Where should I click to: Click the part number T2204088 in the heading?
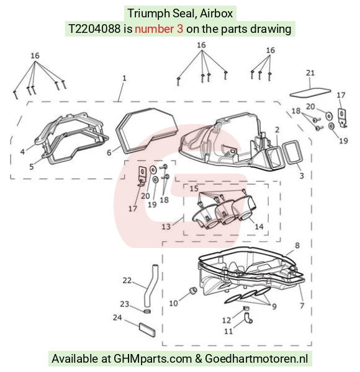94,29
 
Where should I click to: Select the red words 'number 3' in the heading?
159,29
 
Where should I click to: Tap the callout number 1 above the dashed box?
124,78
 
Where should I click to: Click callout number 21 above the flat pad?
310,73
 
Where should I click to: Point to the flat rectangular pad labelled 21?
310,92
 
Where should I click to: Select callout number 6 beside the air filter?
109,153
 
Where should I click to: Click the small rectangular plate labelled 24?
147,329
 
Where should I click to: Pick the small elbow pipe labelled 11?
248,318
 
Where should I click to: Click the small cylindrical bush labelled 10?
193,290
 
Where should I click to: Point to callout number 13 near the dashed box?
166,226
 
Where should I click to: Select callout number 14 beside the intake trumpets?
259,226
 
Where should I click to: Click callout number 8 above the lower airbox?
297,246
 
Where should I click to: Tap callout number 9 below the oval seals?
274,306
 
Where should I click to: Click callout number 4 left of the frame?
22,152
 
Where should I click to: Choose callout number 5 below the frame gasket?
32,167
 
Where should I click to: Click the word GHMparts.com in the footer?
153,358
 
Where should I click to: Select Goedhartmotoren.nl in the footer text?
256,358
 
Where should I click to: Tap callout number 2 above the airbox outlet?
277,130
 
